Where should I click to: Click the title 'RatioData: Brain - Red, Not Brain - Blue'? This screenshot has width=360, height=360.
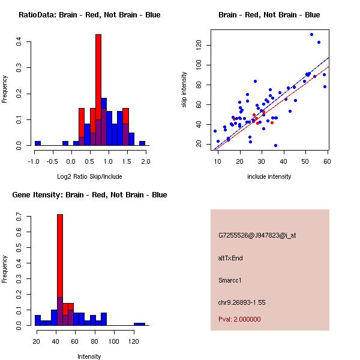tap(89, 15)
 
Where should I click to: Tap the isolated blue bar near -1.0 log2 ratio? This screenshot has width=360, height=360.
tap(38, 143)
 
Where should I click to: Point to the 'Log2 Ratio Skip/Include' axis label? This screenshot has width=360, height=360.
tap(89, 176)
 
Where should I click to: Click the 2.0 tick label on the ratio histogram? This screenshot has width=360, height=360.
tap(145, 161)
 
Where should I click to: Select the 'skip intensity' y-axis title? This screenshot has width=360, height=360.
tap(185, 90)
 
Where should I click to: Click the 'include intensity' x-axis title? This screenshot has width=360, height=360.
tap(269, 176)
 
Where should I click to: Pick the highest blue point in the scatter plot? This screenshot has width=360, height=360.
tap(312, 34)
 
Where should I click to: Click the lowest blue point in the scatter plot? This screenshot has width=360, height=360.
tap(275, 145)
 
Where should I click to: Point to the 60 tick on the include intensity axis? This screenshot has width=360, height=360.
tap(328, 161)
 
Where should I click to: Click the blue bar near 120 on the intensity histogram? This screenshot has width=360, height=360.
tap(139, 324)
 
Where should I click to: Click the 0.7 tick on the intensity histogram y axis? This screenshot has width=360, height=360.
tap(21, 216)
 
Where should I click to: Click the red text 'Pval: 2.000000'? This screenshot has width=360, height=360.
tap(240, 319)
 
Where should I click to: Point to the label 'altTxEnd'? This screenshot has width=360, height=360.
tap(230, 258)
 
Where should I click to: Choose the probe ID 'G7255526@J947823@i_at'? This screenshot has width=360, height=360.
tap(257, 235)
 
